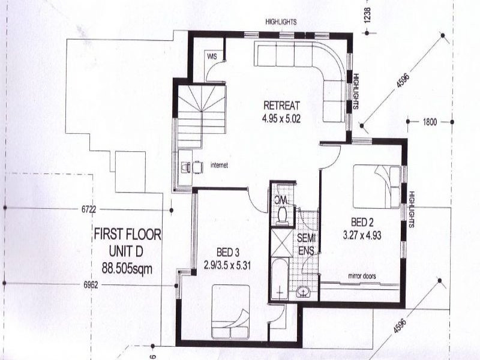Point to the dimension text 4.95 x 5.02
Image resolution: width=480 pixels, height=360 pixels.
(x=281, y=119)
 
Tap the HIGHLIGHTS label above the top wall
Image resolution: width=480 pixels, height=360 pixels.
(x=281, y=22)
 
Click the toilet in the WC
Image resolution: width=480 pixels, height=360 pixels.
(x=282, y=215)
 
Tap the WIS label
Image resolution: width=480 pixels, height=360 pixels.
(x=211, y=56)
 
